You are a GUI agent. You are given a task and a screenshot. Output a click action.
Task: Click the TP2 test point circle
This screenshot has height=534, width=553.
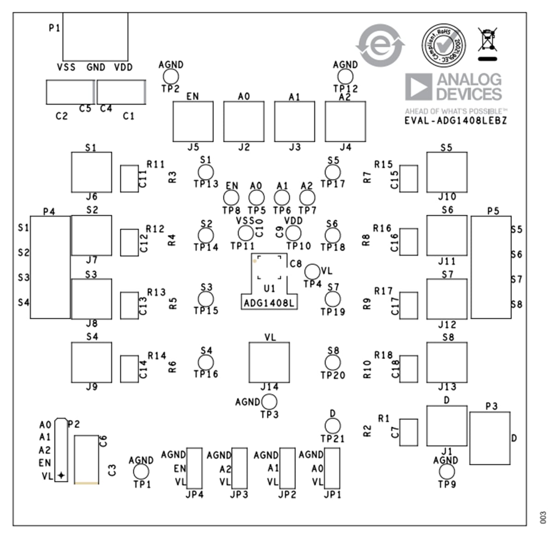171,76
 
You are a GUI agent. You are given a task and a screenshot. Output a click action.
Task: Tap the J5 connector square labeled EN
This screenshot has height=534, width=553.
193,122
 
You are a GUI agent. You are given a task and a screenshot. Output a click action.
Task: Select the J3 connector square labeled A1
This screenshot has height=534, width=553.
294,122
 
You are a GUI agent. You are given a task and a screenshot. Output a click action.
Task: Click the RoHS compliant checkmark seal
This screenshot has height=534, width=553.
443,45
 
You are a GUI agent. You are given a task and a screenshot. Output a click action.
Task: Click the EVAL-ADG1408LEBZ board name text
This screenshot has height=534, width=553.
455,121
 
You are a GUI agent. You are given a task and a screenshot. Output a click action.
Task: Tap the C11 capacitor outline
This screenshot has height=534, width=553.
129,178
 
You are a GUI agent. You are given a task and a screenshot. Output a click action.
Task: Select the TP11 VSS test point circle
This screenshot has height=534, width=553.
245,233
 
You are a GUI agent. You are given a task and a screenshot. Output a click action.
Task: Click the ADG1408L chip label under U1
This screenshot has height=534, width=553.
269,303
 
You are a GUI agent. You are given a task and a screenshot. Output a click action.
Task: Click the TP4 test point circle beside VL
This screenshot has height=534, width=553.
312,271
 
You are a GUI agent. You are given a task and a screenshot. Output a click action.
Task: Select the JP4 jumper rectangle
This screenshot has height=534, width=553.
194,468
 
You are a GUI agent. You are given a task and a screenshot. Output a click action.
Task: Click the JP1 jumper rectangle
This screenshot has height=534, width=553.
332,468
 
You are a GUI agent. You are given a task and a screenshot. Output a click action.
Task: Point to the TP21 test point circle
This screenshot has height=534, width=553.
332,426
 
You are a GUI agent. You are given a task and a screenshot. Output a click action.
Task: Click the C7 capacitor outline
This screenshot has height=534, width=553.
408,432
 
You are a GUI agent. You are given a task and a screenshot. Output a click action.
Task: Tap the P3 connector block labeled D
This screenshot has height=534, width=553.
489,438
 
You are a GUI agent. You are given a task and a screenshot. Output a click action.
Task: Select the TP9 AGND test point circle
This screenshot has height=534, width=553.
447,471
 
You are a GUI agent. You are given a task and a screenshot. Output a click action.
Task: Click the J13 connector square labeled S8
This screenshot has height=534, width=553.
447,362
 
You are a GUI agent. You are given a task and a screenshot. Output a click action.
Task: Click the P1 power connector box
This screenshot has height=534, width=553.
95,35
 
